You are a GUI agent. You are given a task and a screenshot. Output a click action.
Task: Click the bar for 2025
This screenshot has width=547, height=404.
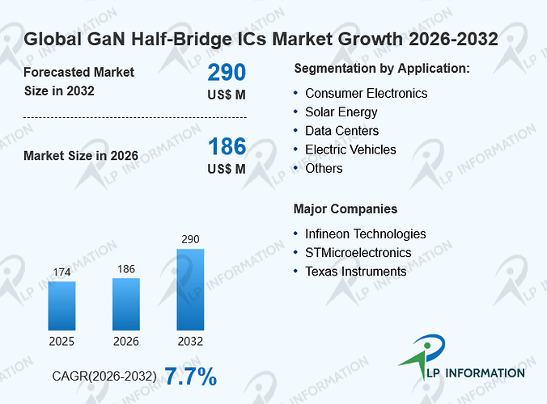[x=61, y=305]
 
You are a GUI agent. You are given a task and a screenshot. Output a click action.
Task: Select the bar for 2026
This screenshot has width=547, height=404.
[x=126, y=304]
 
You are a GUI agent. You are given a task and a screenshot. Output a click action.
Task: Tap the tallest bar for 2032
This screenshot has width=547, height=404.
[x=190, y=289]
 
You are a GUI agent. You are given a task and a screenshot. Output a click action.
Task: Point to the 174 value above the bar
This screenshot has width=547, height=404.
[x=61, y=272]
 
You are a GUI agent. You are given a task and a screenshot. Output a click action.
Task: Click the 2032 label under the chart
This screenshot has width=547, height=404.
[x=190, y=341]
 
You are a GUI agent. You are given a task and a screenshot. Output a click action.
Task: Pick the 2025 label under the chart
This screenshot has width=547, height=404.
[x=61, y=341]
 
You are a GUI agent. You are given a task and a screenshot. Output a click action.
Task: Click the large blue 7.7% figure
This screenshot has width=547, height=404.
[x=190, y=377]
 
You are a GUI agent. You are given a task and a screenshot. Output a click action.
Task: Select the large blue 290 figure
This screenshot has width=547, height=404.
[x=227, y=72]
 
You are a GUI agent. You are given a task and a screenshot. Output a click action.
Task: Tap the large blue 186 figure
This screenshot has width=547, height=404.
[x=227, y=146]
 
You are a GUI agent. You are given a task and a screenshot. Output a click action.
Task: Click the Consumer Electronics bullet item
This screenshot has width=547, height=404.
[x=367, y=94]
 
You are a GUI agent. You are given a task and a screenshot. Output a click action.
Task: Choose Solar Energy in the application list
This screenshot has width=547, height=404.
[x=341, y=112]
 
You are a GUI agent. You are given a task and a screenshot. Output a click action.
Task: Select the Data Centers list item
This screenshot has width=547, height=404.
[x=341, y=131]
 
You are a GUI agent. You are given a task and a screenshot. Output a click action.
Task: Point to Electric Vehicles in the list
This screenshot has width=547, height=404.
[x=350, y=149]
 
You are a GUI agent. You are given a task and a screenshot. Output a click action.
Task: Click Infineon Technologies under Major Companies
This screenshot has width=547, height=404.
[x=366, y=234]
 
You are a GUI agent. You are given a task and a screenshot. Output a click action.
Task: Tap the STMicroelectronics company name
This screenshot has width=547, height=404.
[x=358, y=253]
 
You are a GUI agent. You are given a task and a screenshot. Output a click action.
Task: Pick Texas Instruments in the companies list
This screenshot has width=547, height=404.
[x=356, y=271]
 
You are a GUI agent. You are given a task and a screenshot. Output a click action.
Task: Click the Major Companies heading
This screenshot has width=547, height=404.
[x=346, y=209]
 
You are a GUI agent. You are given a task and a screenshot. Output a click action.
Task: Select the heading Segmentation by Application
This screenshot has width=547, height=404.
[x=382, y=69]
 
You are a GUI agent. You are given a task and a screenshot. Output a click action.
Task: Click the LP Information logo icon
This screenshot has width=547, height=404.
[x=423, y=356]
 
